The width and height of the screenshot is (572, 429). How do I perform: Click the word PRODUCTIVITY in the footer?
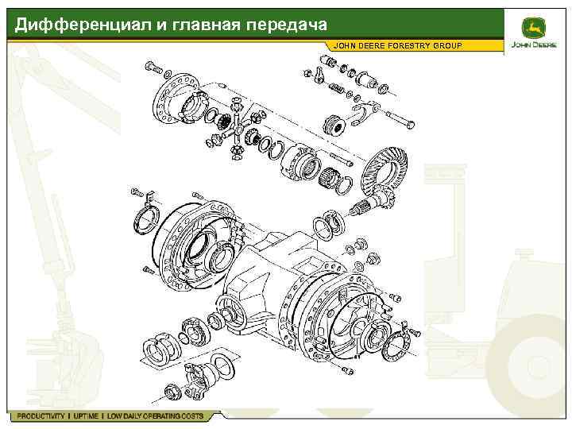click(41, 415)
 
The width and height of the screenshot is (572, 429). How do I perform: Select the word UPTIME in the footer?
click(86, 415)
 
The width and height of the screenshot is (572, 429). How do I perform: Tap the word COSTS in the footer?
click(192, 415)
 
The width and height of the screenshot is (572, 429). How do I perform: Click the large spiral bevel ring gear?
click(384, 167)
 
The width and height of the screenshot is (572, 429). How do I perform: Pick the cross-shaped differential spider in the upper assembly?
click(238, 129)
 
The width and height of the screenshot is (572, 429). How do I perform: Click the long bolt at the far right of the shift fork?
click(400, 120)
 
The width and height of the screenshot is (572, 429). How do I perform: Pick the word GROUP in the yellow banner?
click(448, 45)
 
